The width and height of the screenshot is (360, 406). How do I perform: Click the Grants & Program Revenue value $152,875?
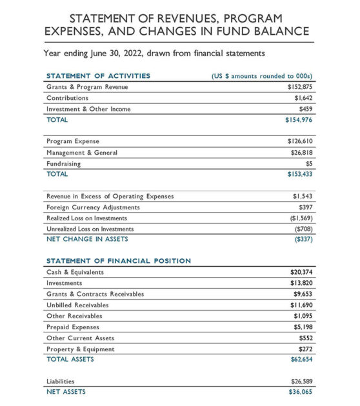299,87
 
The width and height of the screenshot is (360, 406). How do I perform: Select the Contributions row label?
67,98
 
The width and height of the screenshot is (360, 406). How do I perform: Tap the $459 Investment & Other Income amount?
305,109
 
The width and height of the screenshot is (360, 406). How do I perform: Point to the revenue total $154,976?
299,120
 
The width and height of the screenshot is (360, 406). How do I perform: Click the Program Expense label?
72,140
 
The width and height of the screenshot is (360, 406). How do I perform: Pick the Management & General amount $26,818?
301,153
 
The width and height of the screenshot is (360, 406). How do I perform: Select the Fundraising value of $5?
308,163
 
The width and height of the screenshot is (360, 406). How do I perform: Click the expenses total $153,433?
299,174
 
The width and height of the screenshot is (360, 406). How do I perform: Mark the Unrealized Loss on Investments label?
90,229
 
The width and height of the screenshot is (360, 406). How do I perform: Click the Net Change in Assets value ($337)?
303,239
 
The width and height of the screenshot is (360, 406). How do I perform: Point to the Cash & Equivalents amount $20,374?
301,272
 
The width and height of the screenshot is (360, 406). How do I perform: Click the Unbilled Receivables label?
77,305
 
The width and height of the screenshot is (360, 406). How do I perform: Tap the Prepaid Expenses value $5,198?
303,327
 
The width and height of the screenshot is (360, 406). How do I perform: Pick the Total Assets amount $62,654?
301,359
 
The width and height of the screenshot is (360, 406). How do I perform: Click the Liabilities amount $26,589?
301,381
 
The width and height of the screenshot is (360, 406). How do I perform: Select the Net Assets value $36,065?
301,392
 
